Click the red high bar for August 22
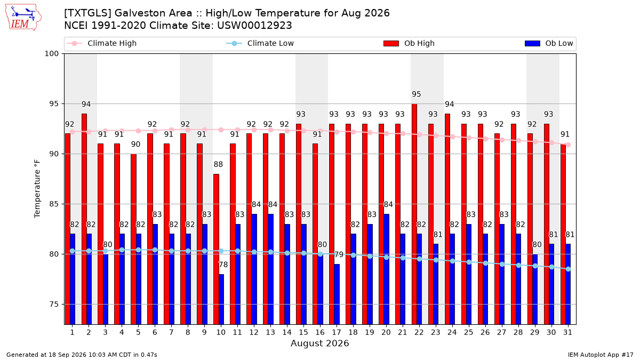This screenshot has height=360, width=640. (414, 214)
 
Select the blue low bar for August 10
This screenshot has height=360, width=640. (221, 299)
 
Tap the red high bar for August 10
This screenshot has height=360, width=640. (217, 249)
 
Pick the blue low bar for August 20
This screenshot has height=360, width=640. (387, 269)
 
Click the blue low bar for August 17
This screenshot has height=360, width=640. (337, 294)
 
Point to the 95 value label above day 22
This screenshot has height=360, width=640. (417, 94)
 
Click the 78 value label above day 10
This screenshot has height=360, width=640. (223, 265)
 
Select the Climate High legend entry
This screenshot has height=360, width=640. (101, 43)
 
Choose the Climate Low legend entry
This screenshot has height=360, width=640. (260, 43)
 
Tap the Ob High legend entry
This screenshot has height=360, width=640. (409, 43)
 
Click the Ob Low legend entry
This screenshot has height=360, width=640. (549, 43)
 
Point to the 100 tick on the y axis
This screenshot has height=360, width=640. (51, 54)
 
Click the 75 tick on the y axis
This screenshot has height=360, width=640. (54, 305)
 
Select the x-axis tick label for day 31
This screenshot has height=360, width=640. (567, 332)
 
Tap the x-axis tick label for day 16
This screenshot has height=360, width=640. (320, 332)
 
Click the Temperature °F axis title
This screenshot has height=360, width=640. (37, 189)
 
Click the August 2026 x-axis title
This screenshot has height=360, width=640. (319, 343)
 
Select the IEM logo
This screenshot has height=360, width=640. (23, 18)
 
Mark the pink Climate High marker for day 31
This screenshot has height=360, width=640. (569, 145)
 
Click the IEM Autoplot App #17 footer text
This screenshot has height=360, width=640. (601, 355)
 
